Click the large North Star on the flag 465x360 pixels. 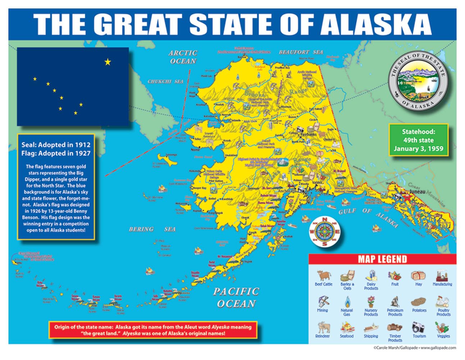point(108,62)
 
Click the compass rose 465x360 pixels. point(325,232)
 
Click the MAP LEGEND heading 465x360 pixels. point(382,259)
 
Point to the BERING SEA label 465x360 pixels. point(152,229)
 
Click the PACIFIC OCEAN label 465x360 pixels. point(236,297)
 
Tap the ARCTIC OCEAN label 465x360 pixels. point(183,57)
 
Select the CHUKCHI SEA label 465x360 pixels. point(165,82)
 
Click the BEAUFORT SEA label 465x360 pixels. point(301,52)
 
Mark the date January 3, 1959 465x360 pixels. point(418,149)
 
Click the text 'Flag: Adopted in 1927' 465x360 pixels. point(56,153)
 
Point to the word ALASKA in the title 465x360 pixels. point(375,24)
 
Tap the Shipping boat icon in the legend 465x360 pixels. point(371,328)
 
